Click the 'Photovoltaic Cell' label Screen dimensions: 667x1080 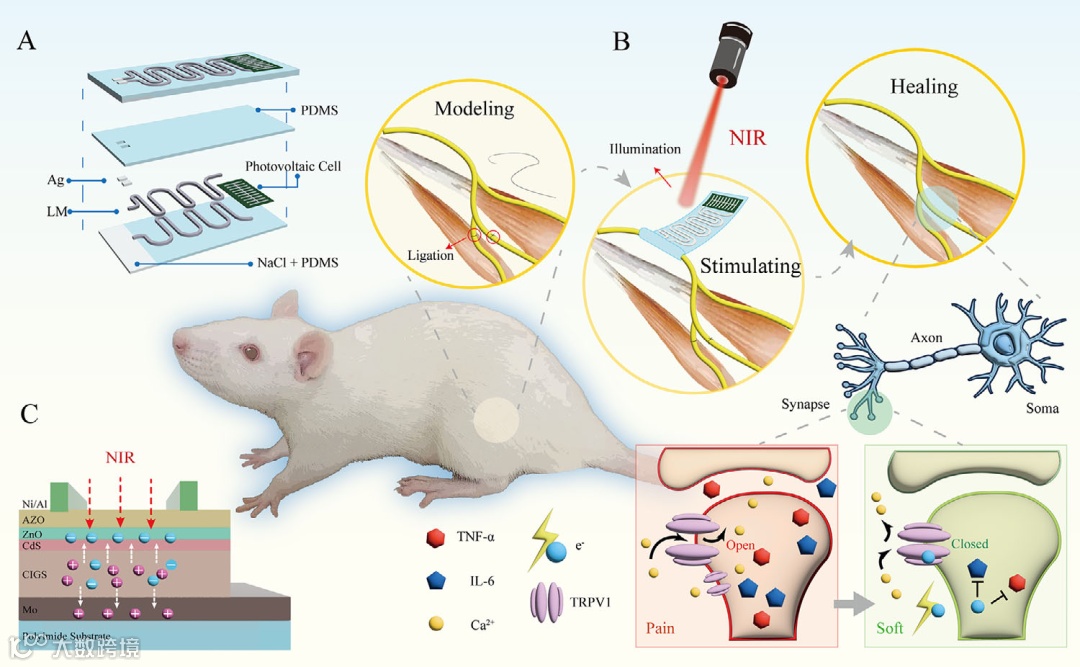(293, 166)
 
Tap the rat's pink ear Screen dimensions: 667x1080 (313, 354)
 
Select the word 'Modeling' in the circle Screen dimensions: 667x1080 (474, 108)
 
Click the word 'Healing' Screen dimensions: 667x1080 (924, 86)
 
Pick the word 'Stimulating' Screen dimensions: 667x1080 (750, 266)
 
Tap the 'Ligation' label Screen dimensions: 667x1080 (430, 255)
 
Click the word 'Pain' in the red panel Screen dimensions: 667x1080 (660, 628)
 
